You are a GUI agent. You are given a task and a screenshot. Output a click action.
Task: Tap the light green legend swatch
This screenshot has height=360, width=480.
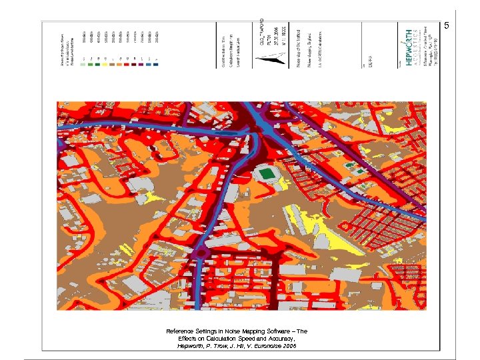(x=82, y=63)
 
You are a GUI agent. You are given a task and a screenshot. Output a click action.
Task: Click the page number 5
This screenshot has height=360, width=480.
(x=447, y=26)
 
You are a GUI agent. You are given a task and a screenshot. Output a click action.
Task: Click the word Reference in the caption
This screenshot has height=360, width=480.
(x=180, y=331)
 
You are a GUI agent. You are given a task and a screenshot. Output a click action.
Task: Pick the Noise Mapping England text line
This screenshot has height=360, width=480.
(x=310, y=47)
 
